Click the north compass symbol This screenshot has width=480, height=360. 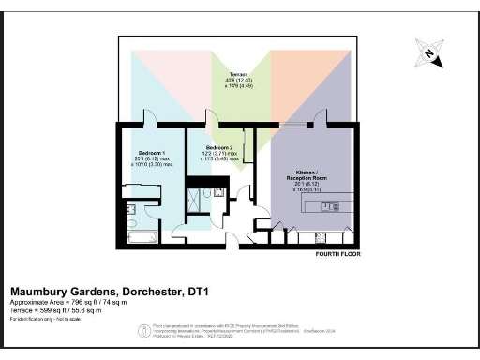click(x=428, y=55)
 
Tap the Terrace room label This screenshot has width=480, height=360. click(x=239, y=71)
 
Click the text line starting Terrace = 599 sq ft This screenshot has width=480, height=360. click(x=55, y=310)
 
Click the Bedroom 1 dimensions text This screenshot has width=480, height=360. click(x=151, y=162)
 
